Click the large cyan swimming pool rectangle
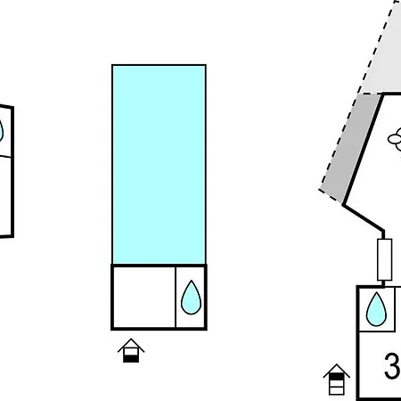point(159,164)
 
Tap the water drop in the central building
point(191,298)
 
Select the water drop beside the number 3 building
point(376,309)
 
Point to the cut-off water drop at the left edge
point(1,131)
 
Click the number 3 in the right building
point(392,365)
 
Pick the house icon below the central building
point(131,350)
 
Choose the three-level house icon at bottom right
point(337,380)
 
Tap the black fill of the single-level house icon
point(131,358)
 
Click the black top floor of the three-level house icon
point(337,377)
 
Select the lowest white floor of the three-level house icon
point(337,390)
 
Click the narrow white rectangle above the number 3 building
point(385,259)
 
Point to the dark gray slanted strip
point(350,148)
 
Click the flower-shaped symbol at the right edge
point(395,139)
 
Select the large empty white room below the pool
point(143,297)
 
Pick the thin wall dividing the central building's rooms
point(176,297)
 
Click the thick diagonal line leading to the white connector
point(363,217)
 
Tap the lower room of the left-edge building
point(5,196)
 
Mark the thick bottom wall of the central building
point(159,329)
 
